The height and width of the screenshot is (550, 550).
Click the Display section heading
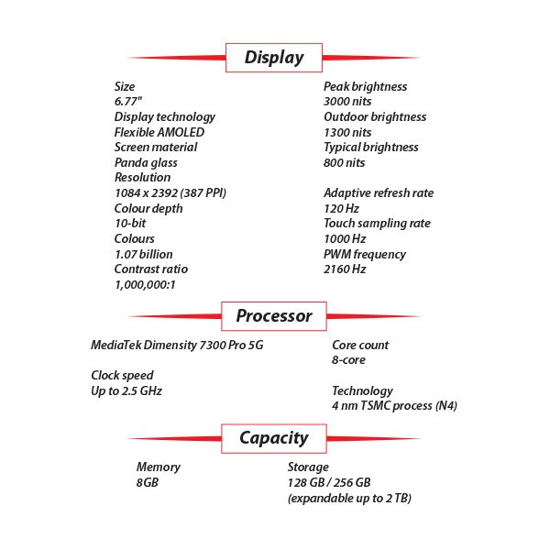click(x=274, y=58)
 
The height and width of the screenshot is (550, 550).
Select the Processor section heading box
click(x=274, y=316)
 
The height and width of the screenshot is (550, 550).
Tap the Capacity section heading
click(x=274, y=438)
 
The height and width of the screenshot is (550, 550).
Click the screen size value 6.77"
click(x=128, y=102)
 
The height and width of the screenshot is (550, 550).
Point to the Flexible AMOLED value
click(x=159, y=132)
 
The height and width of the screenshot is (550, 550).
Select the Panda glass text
click(x=146, y=163)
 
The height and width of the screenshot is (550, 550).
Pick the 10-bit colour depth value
click(x=130, y=224)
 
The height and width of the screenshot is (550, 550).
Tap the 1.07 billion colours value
click(x=144, y=254)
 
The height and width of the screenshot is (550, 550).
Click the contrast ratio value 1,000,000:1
click(x=145, y=285)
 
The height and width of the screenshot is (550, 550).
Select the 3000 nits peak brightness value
click(x=347, y=102)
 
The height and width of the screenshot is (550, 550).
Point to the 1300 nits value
click(x=347, y=133)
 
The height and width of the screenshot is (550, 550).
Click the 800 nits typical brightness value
click(x=344, y=163)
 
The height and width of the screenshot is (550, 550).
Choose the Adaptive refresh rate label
click(x=379, y=193)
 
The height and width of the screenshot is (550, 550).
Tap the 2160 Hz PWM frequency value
click(x=345, y=269)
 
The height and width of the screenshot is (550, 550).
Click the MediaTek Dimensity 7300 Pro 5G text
click(x=177, y=346)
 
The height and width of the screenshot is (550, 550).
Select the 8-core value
click(x=348, y=360)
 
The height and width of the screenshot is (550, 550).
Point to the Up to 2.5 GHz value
click(x=126, y=391)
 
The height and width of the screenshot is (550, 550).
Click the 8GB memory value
click(x=148, y=483)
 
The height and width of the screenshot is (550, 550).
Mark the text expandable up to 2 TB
click(x=349, y=499)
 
